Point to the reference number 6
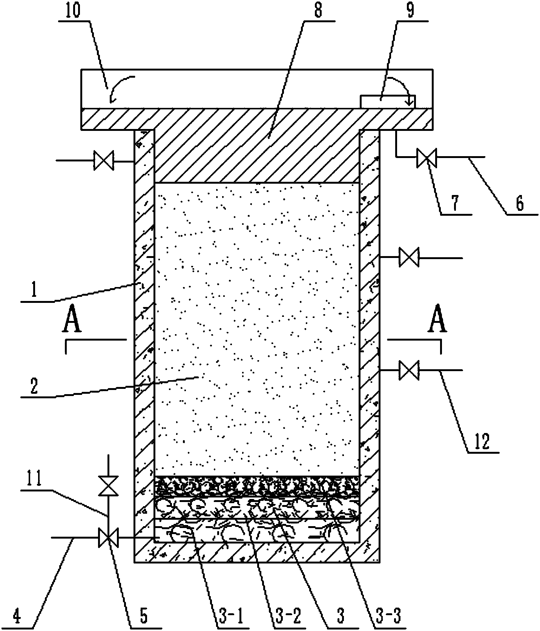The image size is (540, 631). [x=520, y=204]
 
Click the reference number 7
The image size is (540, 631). [x=455, y=204]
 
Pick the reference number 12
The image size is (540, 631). [x=483, y=441]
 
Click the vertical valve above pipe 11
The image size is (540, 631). [x=108, y=486]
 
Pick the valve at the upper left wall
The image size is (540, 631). [x=104, y=161]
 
